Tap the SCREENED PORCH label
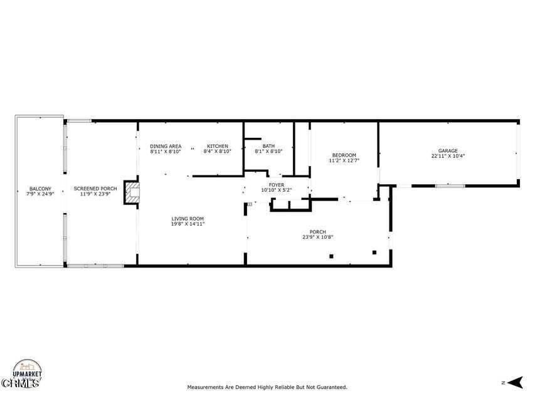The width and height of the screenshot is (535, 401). pyautogui.click(x=95, y=189)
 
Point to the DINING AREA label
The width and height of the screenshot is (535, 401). pyautogui.click(x=166, y=146)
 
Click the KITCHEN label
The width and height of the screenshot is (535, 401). pyautogui.click(x=218, y=146)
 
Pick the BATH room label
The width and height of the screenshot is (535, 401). pyautogui.click(x=268, y=146)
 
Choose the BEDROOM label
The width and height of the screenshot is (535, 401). pyautogui.click(x=344, y=155)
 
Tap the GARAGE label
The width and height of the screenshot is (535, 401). pyautogui.click(x=448, y=150)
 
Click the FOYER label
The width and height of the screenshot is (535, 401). pyautogui.click(x=277, y=185)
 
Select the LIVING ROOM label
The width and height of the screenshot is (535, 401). pyautogui.click(x=188, y=219)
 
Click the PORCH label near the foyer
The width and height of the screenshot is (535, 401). pyautogui.click(x=318, y=232)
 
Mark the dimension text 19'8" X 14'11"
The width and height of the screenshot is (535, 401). pyautogui.click(x=188, y=224)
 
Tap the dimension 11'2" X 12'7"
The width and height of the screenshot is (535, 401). pyautogui.click(x=344, y=160)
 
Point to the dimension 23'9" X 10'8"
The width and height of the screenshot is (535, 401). pyautogui.click(x=318, y=237)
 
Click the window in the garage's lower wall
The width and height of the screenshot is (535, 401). pyautogui.click(x=450, y=185)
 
